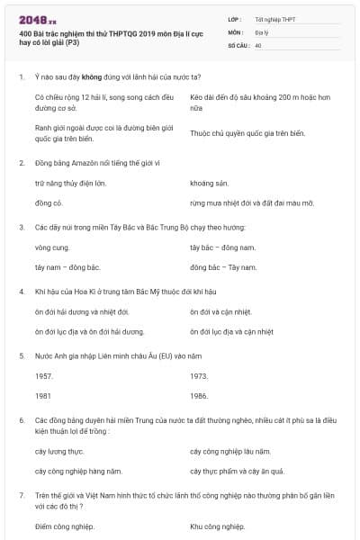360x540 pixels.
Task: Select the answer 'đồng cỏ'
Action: [x=48, y=203]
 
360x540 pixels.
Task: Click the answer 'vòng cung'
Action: [x=51, y=247]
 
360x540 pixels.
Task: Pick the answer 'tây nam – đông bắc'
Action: [x=67, y=267]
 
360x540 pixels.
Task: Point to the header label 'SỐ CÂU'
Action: [x=238, y=44]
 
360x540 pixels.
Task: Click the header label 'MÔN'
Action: [x=236, y=31]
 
